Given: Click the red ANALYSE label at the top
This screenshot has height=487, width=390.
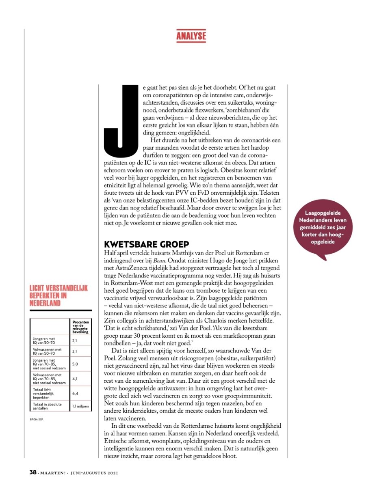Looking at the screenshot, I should pyautogui.click(x=191, y=36).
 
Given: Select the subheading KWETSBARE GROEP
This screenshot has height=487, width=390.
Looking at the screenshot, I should pyautogui.click(x=147, y=244).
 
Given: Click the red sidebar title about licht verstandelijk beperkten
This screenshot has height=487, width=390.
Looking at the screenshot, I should pyautogui.click(x=58, y=296).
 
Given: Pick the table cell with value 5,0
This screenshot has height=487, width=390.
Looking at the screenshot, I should pyautogui.click(x=75, y=364).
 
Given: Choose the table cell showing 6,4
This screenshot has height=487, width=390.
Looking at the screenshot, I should pyautogui.click(x=75, y=393).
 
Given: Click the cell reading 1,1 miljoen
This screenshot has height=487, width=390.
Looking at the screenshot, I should pyautogui.click(x=80, y=406).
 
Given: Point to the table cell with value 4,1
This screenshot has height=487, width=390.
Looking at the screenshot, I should pyautogui.click(x=75, y=379).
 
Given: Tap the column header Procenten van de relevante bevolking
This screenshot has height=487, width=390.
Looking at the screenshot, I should pyautogui.click(x=80, y=327).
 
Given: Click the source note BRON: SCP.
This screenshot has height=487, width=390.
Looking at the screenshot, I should pyautogui.click(x=37, y=419).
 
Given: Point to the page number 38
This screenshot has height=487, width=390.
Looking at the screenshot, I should pyautogui.click(x=33, y=472).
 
